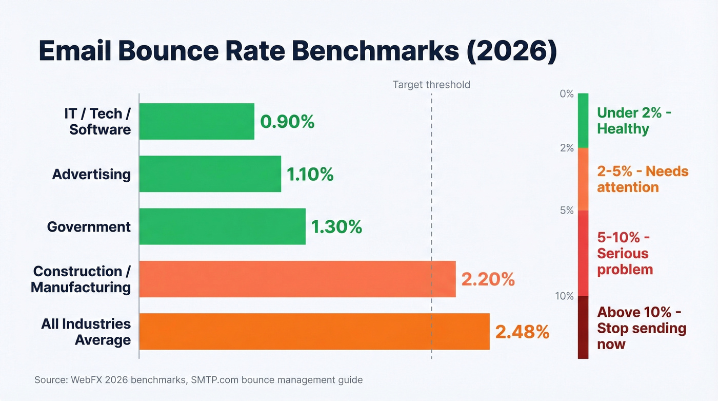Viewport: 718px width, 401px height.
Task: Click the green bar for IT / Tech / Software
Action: click(196, 121)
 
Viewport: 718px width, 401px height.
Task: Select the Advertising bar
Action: click(210, 174)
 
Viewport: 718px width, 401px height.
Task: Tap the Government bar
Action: click(222, 226)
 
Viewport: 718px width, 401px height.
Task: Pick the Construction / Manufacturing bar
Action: click(297, 279)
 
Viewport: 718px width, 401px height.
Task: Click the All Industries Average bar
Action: click(314, 331)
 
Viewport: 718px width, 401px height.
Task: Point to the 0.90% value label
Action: click(287, 122)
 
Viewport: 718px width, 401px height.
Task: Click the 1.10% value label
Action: click(310, 175)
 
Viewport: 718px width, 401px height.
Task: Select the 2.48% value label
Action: click(522, 332)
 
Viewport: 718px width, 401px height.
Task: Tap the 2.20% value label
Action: click(488, 279)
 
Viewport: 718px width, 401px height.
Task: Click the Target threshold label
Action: click(431, 85)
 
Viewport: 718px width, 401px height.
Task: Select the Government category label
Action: click(89, 226)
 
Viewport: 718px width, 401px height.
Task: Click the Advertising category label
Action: click(91, 174)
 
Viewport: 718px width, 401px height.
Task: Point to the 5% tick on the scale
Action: click(567, 211)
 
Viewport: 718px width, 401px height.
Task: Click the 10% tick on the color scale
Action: click(564, 296)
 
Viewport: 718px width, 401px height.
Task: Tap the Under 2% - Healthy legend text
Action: click(634, 121)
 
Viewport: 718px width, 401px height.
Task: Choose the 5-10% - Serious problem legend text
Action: click(625, 253)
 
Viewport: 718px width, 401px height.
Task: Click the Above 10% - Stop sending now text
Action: click(641, 328)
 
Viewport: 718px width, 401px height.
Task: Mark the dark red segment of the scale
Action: click(583, 327)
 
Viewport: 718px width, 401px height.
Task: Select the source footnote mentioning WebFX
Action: click(198, 380)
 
